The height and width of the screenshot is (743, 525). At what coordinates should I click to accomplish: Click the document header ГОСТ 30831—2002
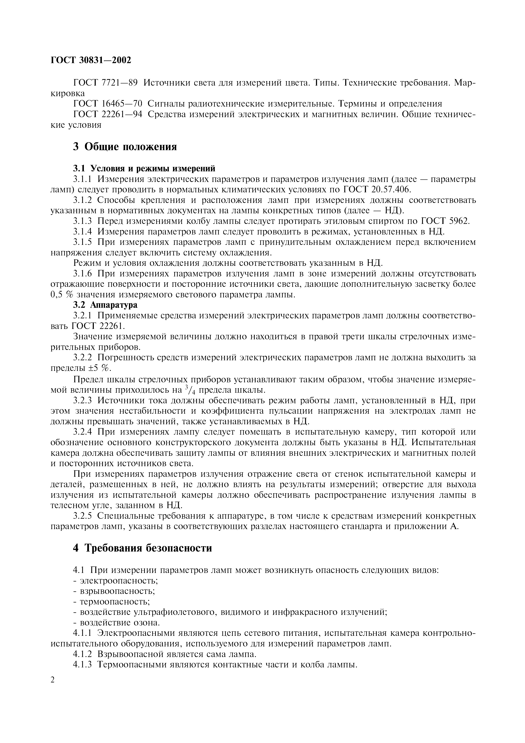(x=91, y=60)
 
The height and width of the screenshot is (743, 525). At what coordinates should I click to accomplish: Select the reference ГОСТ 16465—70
(x=108, y=104)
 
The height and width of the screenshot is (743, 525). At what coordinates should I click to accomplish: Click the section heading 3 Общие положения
(x=125, y=147)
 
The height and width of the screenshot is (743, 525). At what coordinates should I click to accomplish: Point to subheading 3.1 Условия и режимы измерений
(x=144, y=169)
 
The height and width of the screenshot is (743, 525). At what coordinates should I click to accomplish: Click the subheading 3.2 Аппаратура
(x=105, y=305)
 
